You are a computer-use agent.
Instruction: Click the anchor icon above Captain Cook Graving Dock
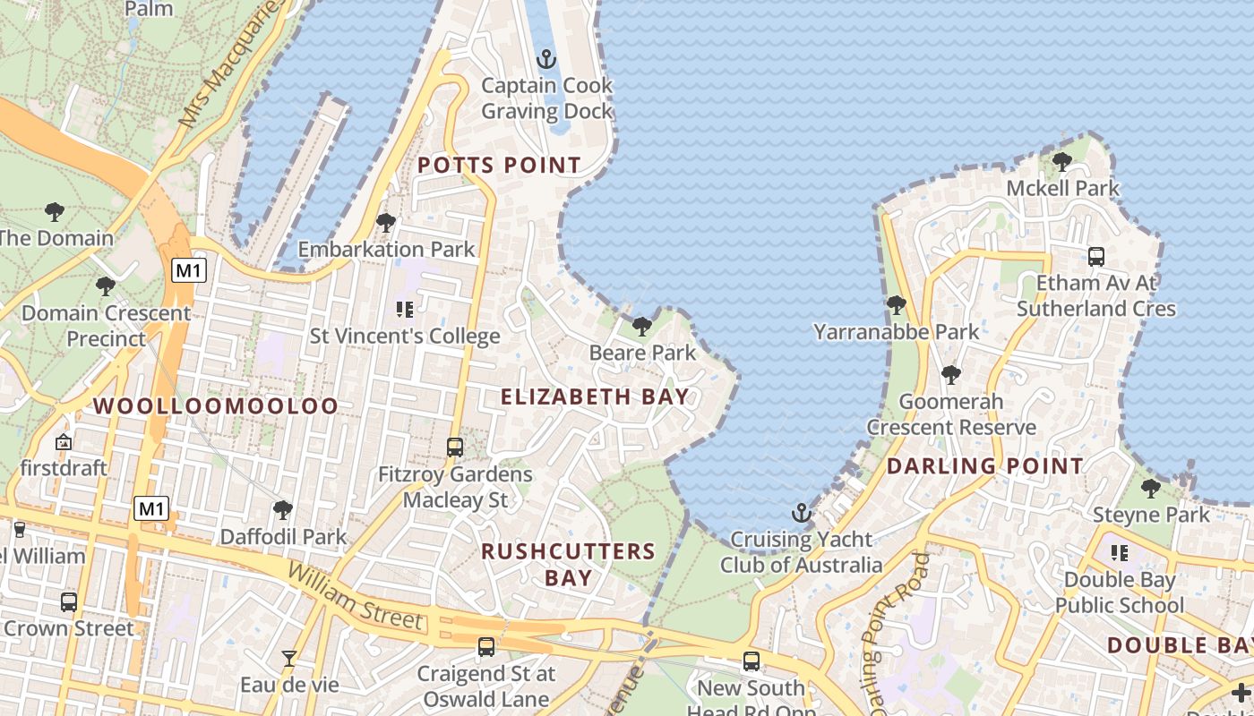point(545,59)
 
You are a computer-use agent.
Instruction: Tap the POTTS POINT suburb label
point(499,166)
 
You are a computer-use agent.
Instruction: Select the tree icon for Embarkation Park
point(386,222)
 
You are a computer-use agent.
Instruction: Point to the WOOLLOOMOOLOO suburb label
point(216,406)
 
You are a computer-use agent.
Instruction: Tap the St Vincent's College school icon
point(404,310)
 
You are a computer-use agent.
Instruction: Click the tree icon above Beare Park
point(641,326)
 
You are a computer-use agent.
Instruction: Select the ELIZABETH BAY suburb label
point(595,397)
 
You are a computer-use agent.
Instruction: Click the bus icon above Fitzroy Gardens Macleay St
point(455,447)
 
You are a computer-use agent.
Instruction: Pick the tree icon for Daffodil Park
point(283,510)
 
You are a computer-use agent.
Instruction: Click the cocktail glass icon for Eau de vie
point(288,659)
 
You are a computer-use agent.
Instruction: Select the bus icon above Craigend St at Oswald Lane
point(486,646)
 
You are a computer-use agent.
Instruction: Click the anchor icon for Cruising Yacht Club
point(802,513)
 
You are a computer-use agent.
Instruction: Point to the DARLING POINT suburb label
point(984,466)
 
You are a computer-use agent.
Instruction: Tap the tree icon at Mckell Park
point(1062,162)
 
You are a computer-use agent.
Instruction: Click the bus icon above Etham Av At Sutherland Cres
point(1096,257)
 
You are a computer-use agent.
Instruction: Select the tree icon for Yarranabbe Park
point(896,305)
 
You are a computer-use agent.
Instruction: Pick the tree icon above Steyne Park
point(1151,488)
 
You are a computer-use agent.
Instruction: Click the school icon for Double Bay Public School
point(1119,553)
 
